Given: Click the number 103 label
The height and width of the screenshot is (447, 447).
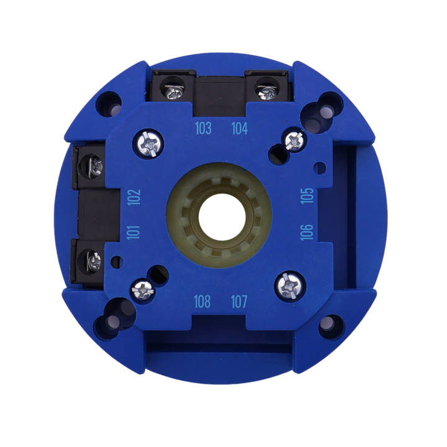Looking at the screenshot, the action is point(203,129).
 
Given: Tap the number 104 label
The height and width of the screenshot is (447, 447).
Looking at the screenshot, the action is point(240,129).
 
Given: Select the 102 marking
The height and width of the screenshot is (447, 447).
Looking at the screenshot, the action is point(134,197).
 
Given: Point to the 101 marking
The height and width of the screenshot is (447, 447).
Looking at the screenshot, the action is point(133,233).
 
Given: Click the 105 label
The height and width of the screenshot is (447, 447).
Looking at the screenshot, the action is point(307,196).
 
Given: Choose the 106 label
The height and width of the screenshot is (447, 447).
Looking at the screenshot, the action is point(307,232).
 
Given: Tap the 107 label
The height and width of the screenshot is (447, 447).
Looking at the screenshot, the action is point(239,302).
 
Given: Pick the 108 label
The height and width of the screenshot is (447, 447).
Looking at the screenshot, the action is point(202,302).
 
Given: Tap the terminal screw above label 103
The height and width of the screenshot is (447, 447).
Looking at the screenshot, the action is point(174,91).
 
